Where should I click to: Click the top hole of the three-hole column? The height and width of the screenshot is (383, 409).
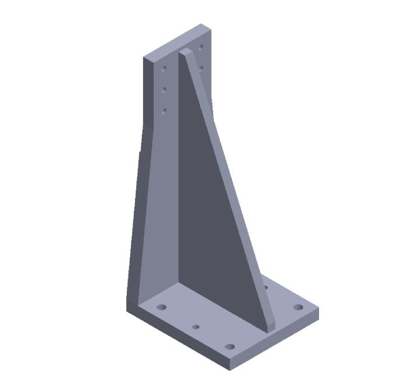[x=164, y=68]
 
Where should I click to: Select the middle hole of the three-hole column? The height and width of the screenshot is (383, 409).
[x=164, y=89]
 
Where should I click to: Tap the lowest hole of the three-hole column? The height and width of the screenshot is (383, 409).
[x=164, y=110]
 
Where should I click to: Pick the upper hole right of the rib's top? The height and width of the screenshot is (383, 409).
[x=201, y=47]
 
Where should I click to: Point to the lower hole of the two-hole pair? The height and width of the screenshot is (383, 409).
[x=200, y=68]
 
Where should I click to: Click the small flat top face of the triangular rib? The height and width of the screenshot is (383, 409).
[x=186, y=52]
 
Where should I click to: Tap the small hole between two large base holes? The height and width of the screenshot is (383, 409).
[x=196, y=327]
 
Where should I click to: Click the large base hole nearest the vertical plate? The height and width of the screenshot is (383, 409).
[x=162, y=307]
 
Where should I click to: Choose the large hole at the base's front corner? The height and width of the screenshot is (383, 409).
[x=230, y=347]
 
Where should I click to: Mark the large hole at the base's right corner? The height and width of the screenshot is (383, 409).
[x=298, y=307]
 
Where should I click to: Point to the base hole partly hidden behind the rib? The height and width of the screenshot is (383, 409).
[x=266, y=287]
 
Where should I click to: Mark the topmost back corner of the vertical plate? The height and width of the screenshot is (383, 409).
[x=202, y=25]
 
